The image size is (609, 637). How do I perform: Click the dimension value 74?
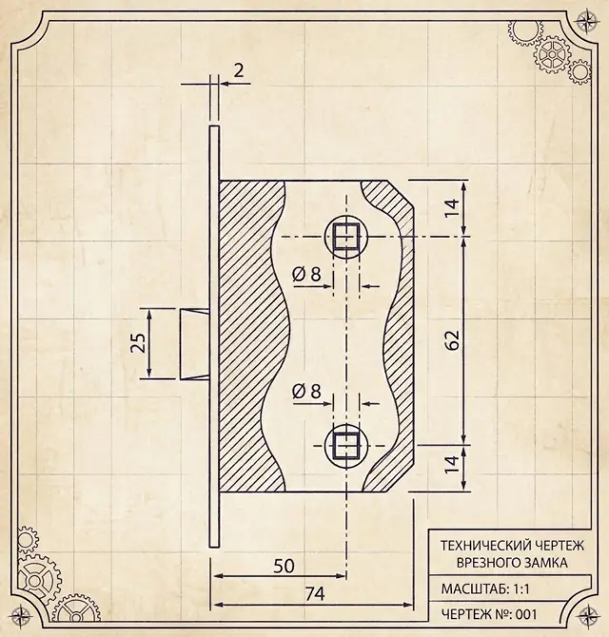coord(315,594)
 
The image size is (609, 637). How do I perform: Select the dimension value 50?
coord(284,566)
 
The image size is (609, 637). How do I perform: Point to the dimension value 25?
coord(138,343)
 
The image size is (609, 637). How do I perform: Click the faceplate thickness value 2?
coord(239,70)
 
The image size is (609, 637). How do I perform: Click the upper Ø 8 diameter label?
coord(306,275)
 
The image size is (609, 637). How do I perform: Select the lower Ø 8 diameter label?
coord(306,392)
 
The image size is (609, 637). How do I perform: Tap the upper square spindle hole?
coord(346,237)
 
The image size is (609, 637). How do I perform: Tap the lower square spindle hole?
coord(346,446)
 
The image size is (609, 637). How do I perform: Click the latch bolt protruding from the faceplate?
coord(195,343)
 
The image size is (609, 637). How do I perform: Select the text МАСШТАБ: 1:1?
coord(485,589)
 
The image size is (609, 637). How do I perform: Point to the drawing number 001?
coord(526,614)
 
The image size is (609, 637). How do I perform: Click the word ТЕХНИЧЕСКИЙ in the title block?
coord(481,545)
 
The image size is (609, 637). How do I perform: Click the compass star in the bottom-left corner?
coord(21,615)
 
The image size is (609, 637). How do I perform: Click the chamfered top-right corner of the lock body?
coord(401,194)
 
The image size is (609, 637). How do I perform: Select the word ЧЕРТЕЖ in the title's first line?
coord(555,545)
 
